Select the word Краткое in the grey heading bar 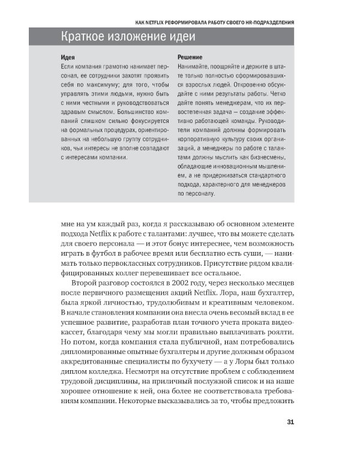pyautogui.click(x=86, y=37)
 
